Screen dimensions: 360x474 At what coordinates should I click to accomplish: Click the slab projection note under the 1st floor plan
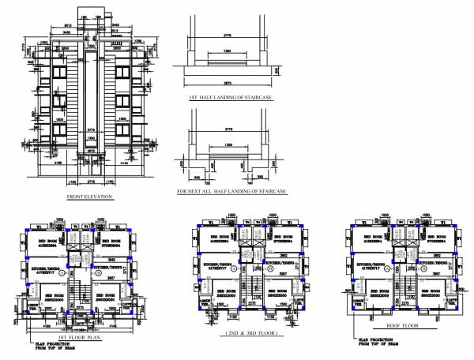tap(47, 347)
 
